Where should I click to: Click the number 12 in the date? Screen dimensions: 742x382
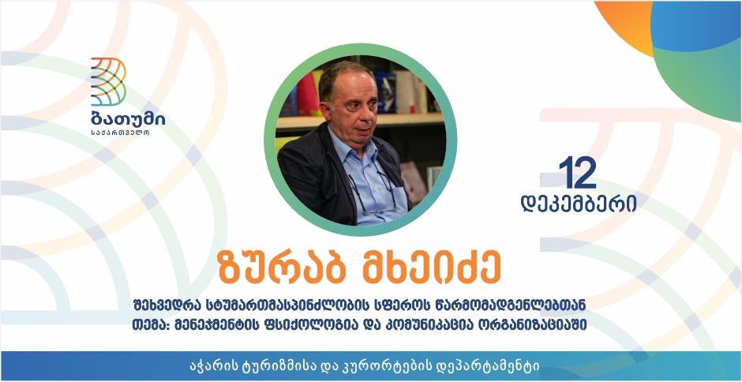[x=577, y=174]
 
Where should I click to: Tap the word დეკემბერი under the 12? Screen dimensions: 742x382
[x=579, y=203]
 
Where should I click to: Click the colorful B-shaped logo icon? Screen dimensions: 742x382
[x=108, y=81]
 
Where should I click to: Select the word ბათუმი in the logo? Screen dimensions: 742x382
[x=128, y=120]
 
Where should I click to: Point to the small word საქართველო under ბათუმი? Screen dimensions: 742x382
[x=120, y=133]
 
